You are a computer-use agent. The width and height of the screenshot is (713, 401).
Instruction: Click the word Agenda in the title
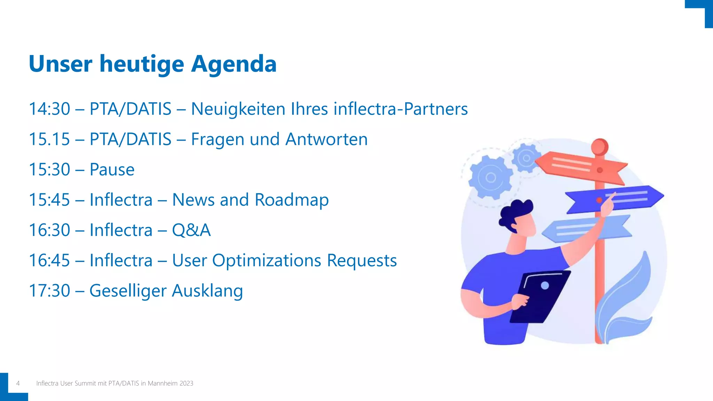click(234, 64)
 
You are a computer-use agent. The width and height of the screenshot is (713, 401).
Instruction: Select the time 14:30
click(49, 109)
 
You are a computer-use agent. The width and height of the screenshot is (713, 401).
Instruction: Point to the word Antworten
click(326, 139)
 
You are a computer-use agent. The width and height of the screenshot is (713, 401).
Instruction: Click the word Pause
click(112, 170)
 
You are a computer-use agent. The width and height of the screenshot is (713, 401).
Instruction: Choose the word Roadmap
click(291, 200)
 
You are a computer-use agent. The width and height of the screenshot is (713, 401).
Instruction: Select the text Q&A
click(191, 230)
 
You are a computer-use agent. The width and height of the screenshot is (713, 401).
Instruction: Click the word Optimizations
click(266, 260)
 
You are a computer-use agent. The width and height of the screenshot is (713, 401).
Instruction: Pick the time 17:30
click(49, 291)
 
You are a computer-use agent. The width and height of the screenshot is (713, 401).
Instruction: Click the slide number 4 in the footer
click(18, 383)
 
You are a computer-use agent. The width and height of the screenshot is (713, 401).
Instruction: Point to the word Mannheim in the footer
click(163, 383)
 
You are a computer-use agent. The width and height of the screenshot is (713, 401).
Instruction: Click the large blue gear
click(490, 178)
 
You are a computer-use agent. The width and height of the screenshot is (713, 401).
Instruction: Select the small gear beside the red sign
click(526, 158)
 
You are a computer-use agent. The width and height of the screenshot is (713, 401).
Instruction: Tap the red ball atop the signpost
click(600, 146)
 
